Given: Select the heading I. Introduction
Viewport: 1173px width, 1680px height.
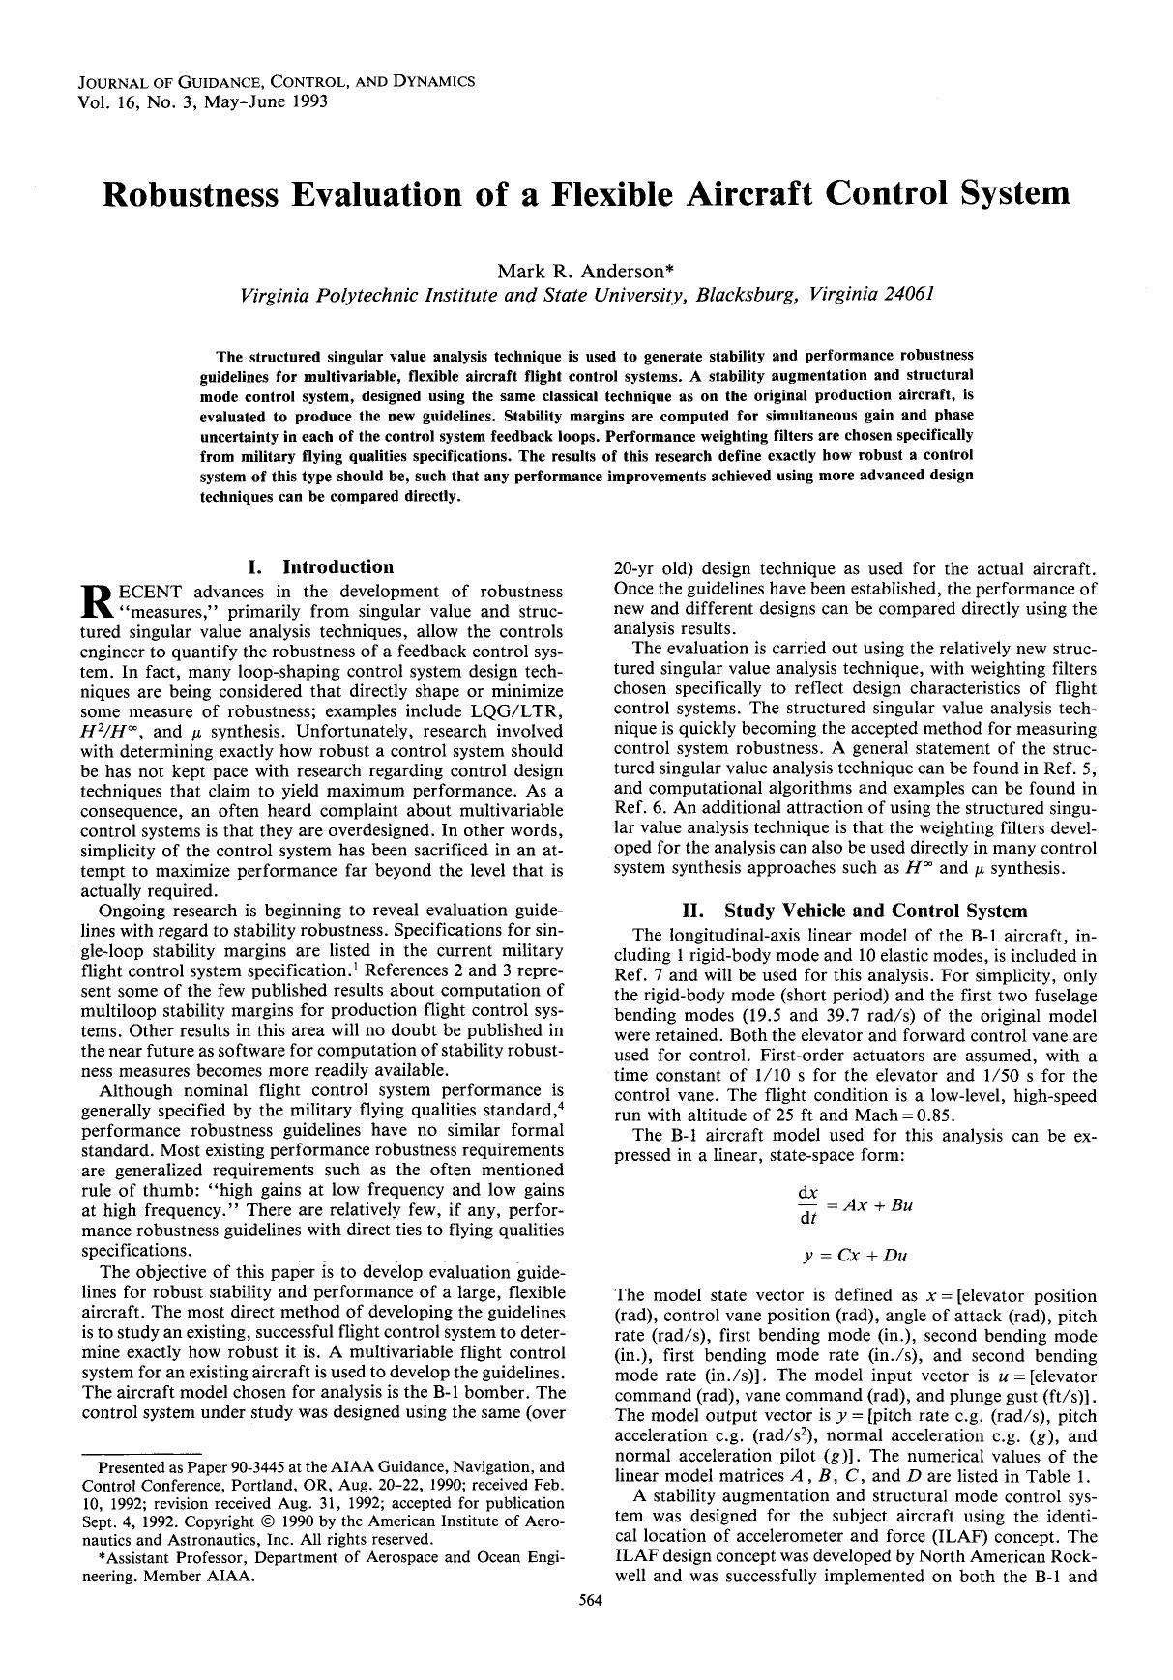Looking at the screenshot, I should (321, 567).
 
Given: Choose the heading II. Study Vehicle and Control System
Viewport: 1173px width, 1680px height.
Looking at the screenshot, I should (855, 911).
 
